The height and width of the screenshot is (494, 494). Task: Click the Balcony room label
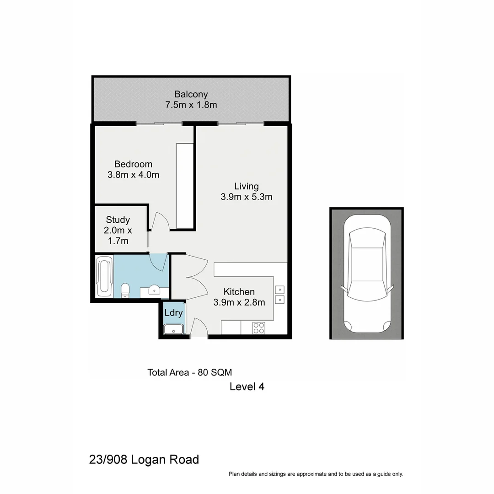(x=191, y=94)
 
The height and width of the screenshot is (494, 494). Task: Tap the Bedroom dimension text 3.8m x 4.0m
(x=133, y=174)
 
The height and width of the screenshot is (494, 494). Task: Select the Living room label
(x=246, y=186)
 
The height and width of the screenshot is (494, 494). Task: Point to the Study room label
(x=118, y=220)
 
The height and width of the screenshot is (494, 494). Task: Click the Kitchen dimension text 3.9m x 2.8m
(x=239, y=302)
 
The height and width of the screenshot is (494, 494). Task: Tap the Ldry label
(x=174, y=313)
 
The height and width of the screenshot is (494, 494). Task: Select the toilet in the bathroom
(x=124, y=290)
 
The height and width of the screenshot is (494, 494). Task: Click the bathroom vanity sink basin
(x=154, y=290)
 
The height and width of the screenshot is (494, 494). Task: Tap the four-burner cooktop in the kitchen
(x=258, y=328)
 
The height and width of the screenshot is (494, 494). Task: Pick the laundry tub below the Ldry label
(x=174, y=329)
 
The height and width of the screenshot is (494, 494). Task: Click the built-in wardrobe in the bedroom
(x=185, y=185)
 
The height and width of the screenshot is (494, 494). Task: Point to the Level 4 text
(x=247, y=387)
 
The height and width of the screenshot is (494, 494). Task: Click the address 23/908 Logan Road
(x=144, y=459)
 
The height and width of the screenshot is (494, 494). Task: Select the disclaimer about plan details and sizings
(x=316, y=474)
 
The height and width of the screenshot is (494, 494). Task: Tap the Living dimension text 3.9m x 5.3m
(x=246, y=197)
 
